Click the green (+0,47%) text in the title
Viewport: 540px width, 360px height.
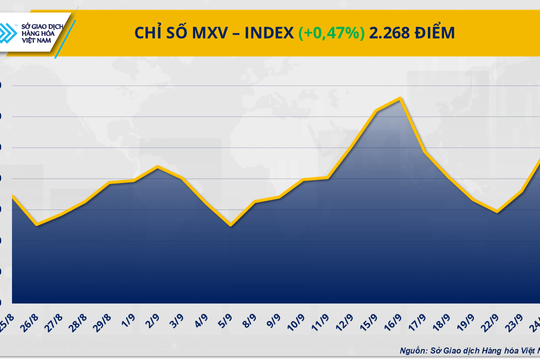334,33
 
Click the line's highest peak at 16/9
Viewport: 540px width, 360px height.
400,98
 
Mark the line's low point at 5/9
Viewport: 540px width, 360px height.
231,225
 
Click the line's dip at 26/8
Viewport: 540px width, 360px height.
37,224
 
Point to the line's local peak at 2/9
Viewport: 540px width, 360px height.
158,167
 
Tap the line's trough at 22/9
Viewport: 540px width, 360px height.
498,212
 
